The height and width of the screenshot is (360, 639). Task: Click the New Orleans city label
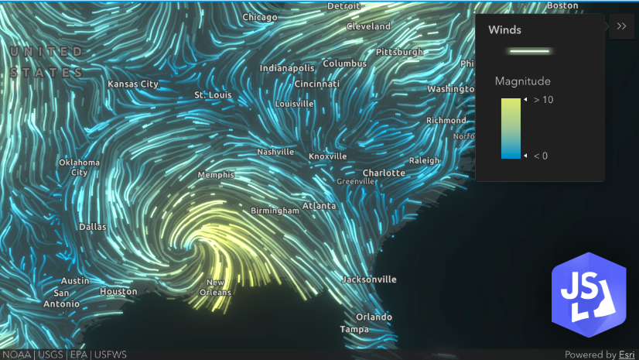[x=215, y=287]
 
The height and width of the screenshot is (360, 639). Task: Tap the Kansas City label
[x=133, y=84]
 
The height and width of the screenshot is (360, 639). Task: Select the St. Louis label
[x=213, y=94]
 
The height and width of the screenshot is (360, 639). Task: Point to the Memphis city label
[x=216, y=175]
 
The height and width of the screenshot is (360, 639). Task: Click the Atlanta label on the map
[x=319, y=206]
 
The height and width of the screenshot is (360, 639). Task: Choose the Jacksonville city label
[x=369, y=279]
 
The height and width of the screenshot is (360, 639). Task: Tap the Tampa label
[x=354, y=329]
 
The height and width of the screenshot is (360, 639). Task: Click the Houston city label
[x=118, y=292]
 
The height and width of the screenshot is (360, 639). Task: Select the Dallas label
[x=93, y=227]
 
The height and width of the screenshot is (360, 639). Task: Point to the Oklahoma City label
[x=80, y=167]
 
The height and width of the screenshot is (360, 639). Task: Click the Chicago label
[x=260, y=17]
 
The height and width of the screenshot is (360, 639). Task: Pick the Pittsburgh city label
[x=399, y=52]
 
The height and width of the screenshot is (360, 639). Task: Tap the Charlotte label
[x=384, y=173]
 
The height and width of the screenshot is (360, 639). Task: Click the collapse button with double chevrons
[x=621, y=26]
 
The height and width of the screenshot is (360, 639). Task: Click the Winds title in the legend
[x=504, y=31]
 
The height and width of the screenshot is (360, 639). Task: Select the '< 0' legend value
[x=540, y=156]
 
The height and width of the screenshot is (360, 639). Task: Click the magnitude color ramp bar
[x=511, y=128]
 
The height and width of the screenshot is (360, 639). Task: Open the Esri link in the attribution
[x=627, y=355]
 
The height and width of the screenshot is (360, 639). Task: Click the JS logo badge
[x=588, y=295]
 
